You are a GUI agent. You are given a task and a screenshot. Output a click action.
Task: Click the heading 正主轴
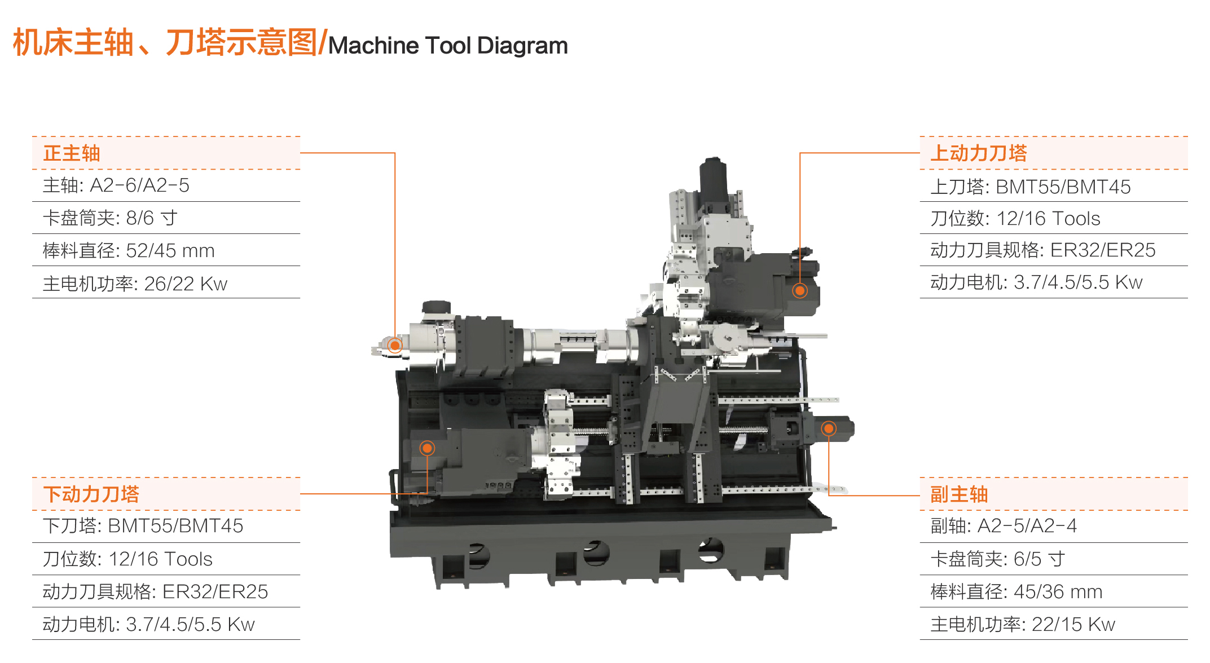tap(72, 153)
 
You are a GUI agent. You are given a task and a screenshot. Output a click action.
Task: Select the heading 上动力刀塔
tap(978, 153)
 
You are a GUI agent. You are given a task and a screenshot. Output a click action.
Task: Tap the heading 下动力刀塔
tap(91, 494)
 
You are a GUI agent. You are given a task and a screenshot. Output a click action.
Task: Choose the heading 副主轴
tap(958, 494)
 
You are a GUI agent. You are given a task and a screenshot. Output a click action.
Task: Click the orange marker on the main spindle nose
tap(395, 345)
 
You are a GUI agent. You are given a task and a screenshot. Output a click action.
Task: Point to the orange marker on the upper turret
tap(799, 291)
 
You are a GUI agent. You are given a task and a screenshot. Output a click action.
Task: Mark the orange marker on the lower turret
tap(427, 448)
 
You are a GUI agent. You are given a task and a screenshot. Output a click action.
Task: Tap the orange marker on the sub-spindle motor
tap(828, 428)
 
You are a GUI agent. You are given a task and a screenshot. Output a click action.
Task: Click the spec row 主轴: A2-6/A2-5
tap(116, 185)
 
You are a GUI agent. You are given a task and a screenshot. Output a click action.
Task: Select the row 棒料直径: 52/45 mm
tap(129, 250)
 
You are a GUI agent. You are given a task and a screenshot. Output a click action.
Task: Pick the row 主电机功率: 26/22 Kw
tap(135, 283)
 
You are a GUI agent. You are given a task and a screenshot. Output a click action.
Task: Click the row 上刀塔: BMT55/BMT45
tap(1030, 187)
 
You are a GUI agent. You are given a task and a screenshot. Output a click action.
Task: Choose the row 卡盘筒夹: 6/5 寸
tap(997, 559)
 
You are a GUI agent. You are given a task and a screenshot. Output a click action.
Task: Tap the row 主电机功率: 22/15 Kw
tap(1022, 624)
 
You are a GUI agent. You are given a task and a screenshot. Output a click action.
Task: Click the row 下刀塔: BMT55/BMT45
tap(143, 526)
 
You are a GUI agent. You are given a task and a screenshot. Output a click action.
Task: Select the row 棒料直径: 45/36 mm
tap(1016, 591)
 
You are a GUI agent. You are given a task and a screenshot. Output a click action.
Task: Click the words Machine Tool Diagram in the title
tap(448, 46)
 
